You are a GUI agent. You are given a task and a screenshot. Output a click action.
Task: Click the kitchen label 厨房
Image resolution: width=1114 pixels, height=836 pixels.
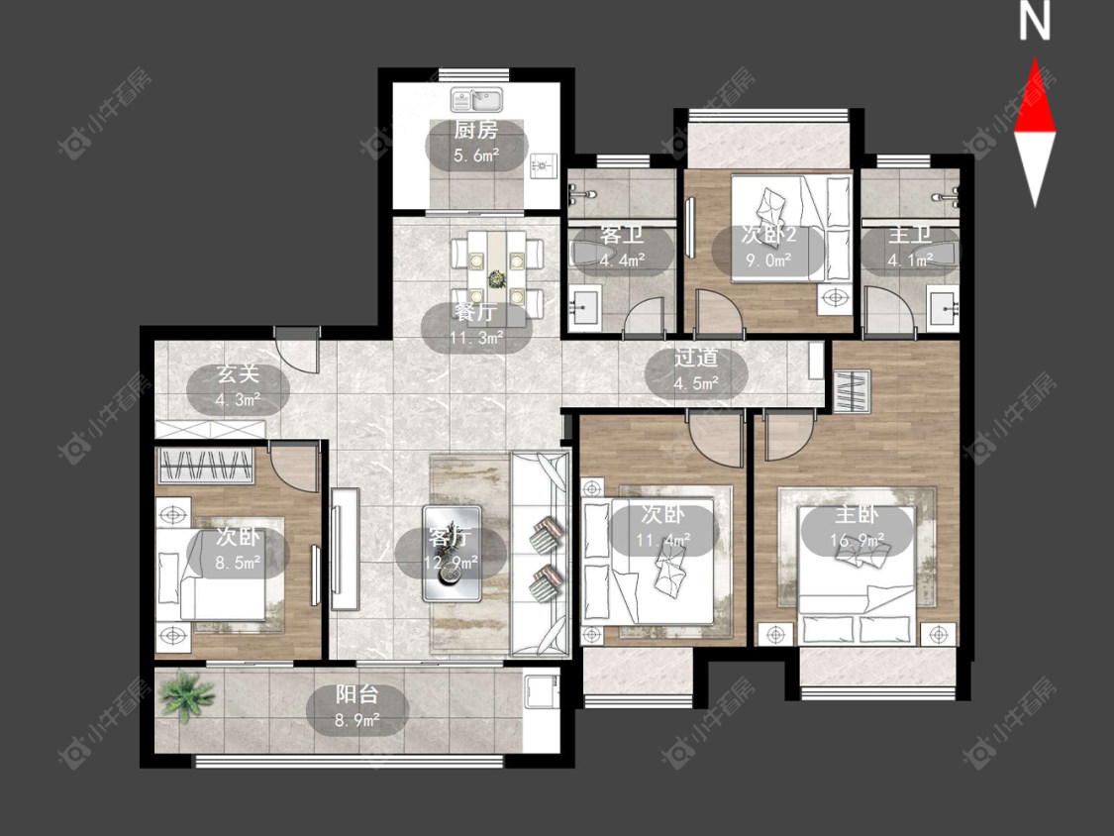476,130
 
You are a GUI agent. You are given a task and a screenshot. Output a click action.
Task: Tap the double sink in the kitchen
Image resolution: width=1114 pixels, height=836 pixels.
476,99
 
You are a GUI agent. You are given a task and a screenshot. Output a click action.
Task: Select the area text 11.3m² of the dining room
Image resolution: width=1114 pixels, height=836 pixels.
476,338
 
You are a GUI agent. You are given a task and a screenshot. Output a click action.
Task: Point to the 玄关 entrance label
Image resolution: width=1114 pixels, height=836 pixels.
238,374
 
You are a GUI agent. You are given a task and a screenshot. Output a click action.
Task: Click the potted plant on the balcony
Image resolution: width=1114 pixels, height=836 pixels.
185,696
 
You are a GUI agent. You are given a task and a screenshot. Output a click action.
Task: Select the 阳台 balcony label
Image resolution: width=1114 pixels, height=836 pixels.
357,694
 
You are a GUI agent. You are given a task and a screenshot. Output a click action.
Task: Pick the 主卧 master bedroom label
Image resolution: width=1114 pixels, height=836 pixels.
857,514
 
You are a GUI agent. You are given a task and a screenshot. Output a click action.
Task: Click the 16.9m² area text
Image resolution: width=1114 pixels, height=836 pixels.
857,541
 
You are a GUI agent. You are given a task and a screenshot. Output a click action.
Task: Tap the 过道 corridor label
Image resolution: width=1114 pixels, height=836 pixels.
696,358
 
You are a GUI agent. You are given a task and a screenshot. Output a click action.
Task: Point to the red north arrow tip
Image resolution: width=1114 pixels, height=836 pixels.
1035,59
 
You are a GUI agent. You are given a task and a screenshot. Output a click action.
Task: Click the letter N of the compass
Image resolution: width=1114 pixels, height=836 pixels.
1035,22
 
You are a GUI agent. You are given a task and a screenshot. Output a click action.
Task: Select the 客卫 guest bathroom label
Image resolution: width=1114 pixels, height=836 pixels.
622,234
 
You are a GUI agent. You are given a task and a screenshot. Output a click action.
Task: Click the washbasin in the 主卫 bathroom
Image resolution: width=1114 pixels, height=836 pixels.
944,308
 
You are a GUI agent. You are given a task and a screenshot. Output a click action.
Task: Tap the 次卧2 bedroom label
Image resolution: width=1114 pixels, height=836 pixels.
768,234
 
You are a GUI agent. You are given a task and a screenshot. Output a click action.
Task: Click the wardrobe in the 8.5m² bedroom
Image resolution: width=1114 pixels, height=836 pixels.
205,467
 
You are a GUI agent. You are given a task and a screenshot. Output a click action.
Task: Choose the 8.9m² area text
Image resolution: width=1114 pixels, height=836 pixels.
357,721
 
